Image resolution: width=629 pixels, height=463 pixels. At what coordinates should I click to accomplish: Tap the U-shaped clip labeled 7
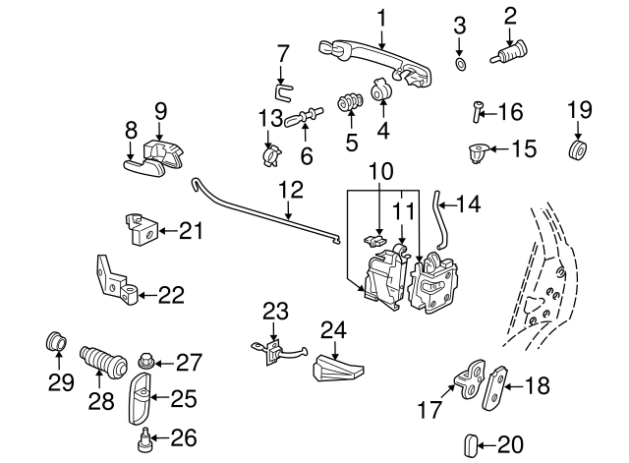click(x=282, y=92)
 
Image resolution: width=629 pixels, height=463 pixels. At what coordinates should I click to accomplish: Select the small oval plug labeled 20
click(x=471, y=444)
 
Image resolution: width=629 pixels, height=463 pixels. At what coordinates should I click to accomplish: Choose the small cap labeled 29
click(x=56, y=344)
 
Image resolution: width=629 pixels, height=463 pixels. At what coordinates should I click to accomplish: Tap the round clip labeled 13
click(x=272, y=153)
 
